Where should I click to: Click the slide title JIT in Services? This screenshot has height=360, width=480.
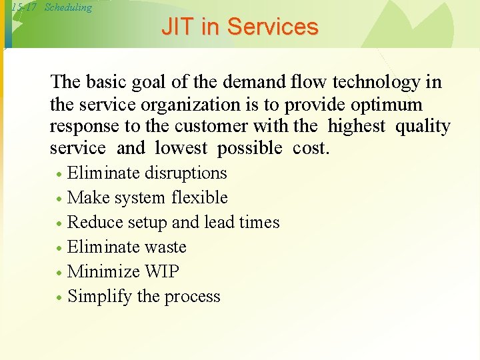tap(239, 27)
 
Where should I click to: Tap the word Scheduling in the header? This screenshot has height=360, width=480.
tap(68, 7)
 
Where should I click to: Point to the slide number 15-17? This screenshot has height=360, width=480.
tap(24, 7)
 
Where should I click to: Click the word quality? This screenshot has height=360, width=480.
tap(423, 127)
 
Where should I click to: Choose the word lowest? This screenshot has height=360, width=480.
tap(181, 149)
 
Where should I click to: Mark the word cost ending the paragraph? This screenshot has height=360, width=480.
tap(311, 149)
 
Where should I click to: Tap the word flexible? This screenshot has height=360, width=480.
tap(199, 198)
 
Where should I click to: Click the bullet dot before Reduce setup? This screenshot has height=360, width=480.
tap(59, 223)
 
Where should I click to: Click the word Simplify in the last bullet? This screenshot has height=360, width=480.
tap(100, 297)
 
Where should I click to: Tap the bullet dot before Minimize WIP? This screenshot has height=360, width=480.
tap(59, 273)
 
